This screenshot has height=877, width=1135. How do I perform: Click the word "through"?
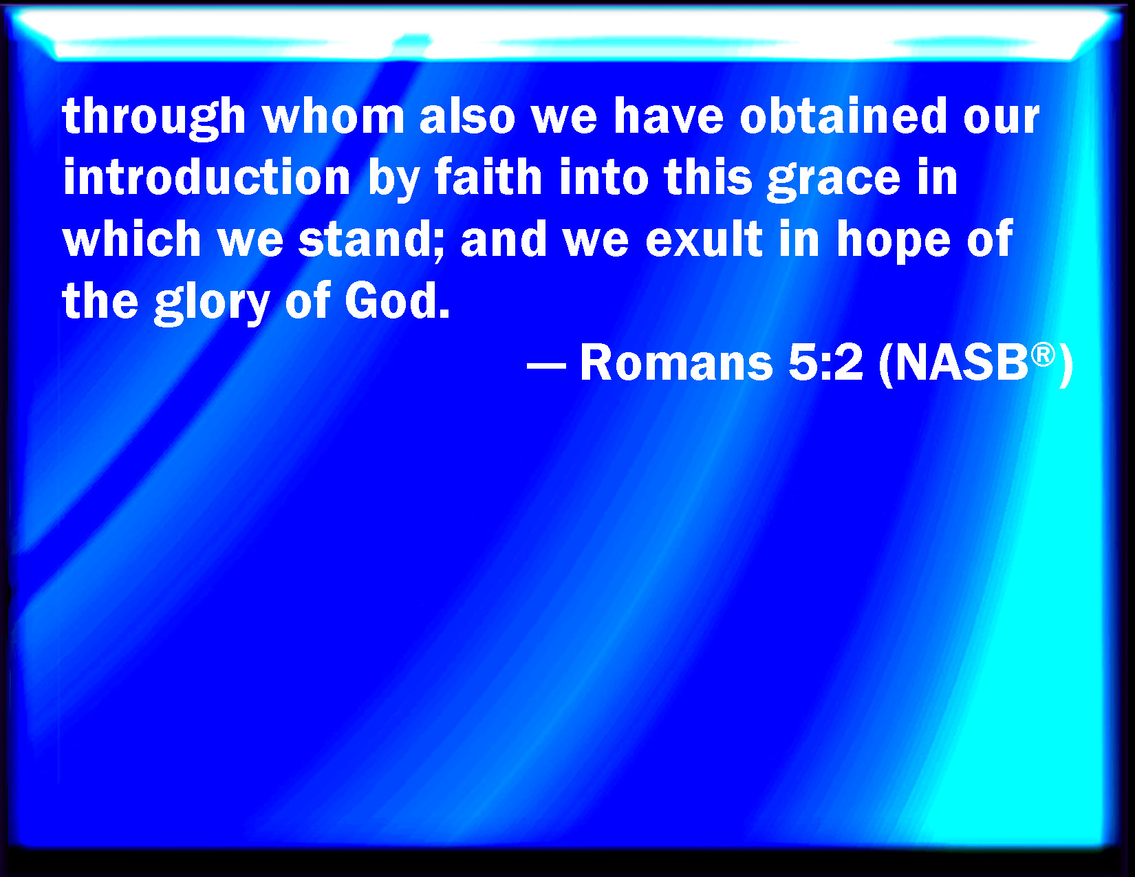coord(154,118)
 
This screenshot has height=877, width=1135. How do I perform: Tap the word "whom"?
coord(334,116)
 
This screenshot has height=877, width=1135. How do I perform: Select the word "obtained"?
coord(843,116)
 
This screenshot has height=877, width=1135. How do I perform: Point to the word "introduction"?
coord(207,177)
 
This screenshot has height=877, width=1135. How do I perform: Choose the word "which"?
coord(132,238)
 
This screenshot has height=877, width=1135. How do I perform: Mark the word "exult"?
coord(704,238)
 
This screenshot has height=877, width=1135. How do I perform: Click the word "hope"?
coord(893,241)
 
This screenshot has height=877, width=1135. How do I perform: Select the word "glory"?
coord(212,303)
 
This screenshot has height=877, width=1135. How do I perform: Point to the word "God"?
coord(391,301)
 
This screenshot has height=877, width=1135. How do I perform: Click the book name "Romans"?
coord(676,362)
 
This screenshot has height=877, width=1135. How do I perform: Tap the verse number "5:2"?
coord(825,362)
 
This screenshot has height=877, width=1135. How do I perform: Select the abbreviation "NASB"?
coord(962,362)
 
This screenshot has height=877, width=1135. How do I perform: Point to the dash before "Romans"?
coord(546,366)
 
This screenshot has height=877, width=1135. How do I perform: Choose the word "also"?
coord(468,116)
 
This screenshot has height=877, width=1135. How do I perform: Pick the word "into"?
coord(604,177)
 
